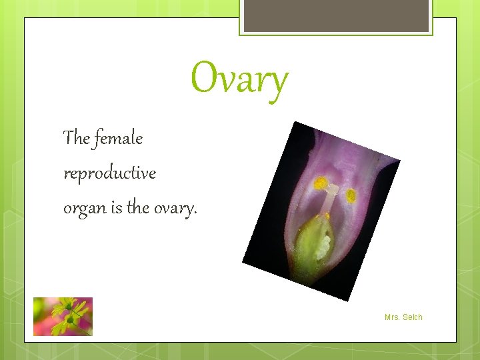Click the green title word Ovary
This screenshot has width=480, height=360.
[239, 79]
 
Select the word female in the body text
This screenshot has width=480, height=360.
[119, 138]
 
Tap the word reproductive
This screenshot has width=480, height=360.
[109, 173]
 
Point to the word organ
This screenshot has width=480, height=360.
[85, 209]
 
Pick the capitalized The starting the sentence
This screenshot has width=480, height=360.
[77, 138]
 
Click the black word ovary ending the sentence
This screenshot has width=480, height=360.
[175, 209]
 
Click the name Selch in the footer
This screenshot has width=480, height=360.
[413, 317]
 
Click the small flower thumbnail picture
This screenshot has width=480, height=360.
[63, 316]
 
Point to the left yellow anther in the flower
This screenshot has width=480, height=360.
[321, 183]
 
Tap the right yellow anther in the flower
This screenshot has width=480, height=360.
[351, 196]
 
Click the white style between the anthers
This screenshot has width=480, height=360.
[331, 200]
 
